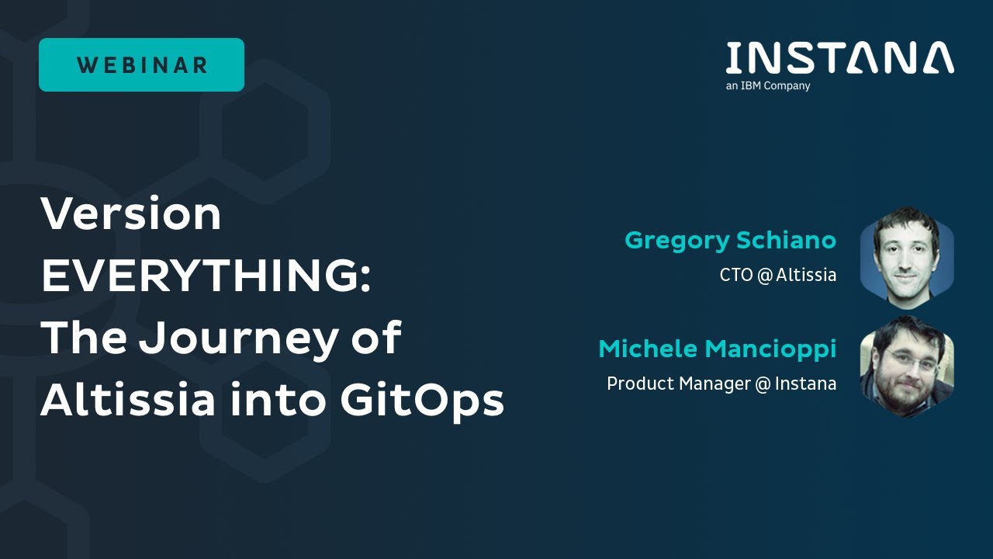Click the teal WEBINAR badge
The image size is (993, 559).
[x=141, y=65]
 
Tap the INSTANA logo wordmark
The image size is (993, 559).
[x=839, y=58]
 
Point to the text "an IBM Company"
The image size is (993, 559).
[x=767, y=86]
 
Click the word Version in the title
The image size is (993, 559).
[x=130, y=214]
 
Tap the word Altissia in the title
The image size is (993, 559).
[x=128, y=401]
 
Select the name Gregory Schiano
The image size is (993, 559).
[x=730, y=241]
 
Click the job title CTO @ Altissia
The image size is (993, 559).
[x=777, y=275]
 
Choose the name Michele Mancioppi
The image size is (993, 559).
[x=717, y=349]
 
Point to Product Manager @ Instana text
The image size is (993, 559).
[x=721, y=384]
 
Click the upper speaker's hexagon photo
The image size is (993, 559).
[x=906, y=253]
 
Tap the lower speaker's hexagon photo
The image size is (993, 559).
[x=906, y=366]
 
